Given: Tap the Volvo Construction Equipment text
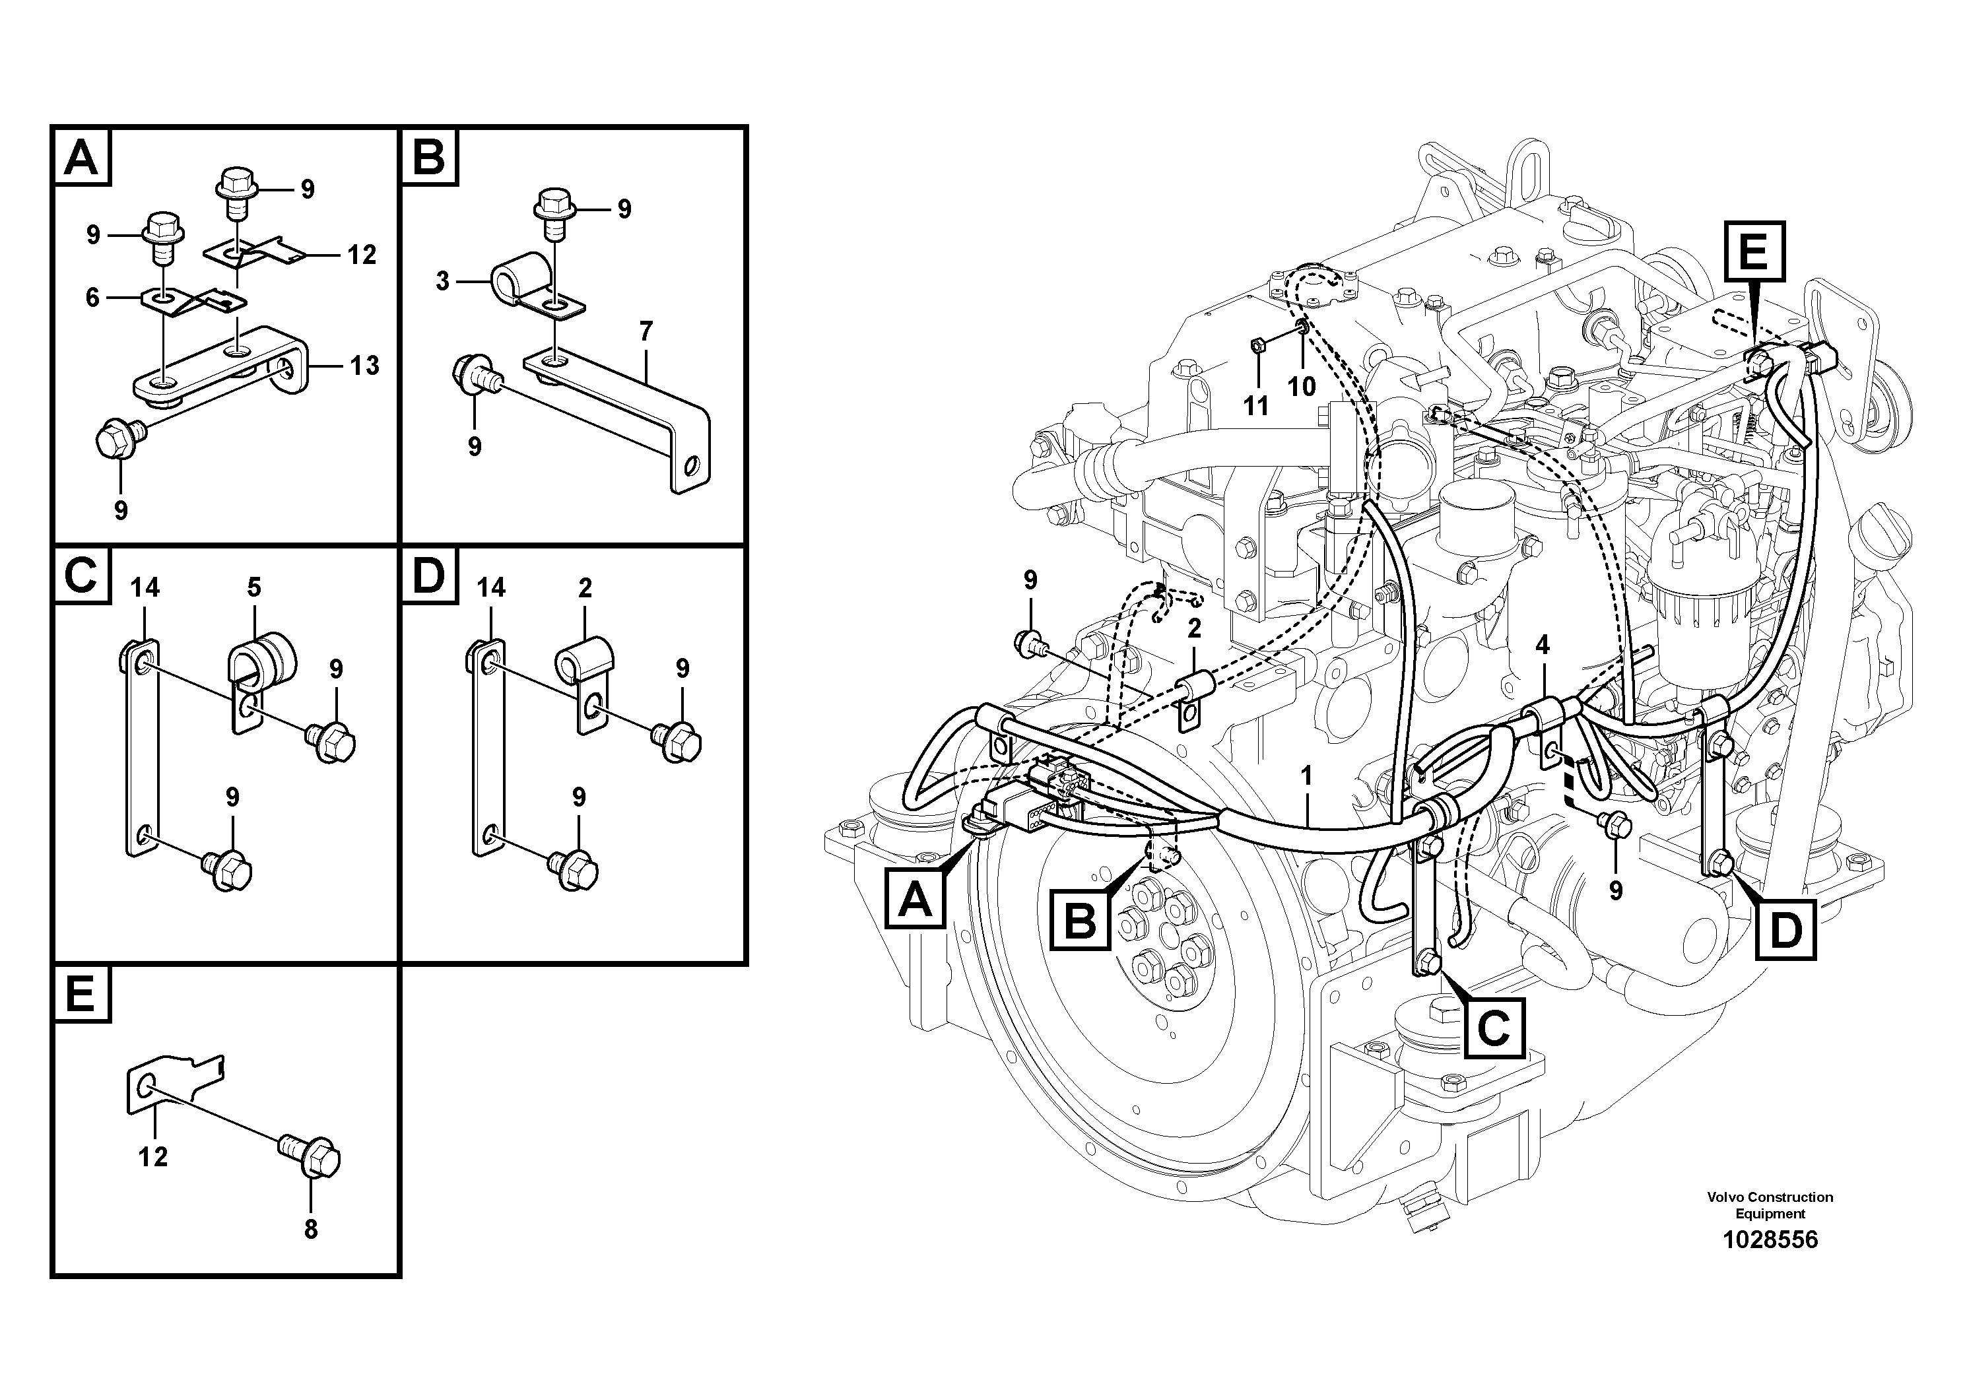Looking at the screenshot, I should click(x=1769, y=1205).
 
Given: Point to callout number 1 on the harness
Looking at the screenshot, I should click(x=1306, y=776).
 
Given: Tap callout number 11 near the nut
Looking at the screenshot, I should click(x=1255, y=405).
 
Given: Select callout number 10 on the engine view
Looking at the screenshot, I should click(x=1301, y=387).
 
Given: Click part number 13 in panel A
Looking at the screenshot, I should click(x=364, y=366).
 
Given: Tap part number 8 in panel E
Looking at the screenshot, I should click(x=311, y=1229).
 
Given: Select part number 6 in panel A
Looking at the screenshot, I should click(x=92, y=297).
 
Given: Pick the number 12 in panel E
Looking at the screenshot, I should click(x=153, y=1157).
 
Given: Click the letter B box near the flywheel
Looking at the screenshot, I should click(x=1080, y=921).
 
